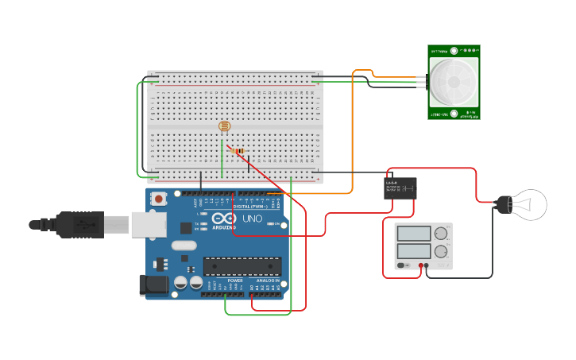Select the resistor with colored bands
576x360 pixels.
(x=239, y=150)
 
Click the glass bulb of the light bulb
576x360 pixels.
(x=528, y=204)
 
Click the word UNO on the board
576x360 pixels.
(x=252, y=219)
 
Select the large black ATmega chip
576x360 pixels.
(x=242, y=265)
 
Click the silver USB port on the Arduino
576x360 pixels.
(x=148, y=225)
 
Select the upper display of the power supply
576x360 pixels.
(x=413, y=234)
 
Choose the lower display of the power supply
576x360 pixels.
(x=413, y=252)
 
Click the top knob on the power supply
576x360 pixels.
(x=440, y=233)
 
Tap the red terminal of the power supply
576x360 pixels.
(x=419, y=265)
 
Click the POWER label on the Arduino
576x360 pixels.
(x=235, y=281)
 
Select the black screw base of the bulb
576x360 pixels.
(x=503, y=205)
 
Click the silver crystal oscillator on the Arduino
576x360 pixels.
(x=183, y=245)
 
